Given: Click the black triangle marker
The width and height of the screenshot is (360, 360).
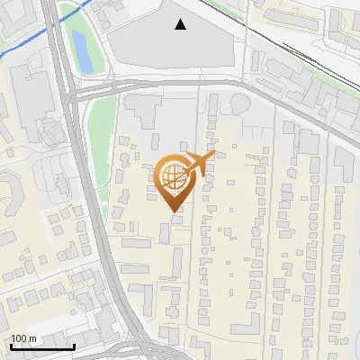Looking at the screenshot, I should click(181, 24).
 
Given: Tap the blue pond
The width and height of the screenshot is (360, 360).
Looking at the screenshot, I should click(81, 51).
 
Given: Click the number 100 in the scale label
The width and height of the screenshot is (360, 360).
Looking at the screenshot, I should click(19, 338).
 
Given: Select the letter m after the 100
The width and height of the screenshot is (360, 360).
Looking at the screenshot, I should click(31, 338).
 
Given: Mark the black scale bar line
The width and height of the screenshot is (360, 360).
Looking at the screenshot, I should click(42, 346).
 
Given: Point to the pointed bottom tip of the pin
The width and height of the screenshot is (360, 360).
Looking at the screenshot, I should click(174, 211).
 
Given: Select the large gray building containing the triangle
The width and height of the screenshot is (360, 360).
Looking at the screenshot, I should click(171, 45).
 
